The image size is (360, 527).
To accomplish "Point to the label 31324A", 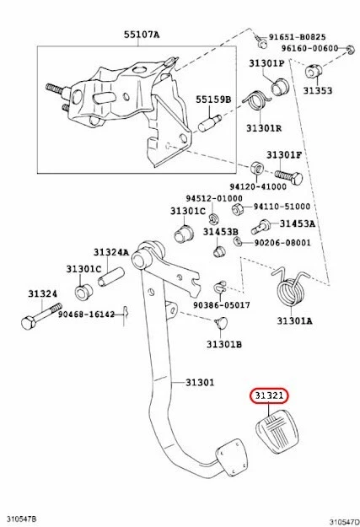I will pos(110,252).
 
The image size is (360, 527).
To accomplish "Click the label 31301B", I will pos(224,344).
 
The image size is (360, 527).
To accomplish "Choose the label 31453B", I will pos(221,232).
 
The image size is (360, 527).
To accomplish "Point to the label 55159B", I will pos(213,99).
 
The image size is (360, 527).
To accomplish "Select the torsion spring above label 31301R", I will pos(258,108).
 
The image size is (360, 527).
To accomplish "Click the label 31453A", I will pos(297,224).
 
